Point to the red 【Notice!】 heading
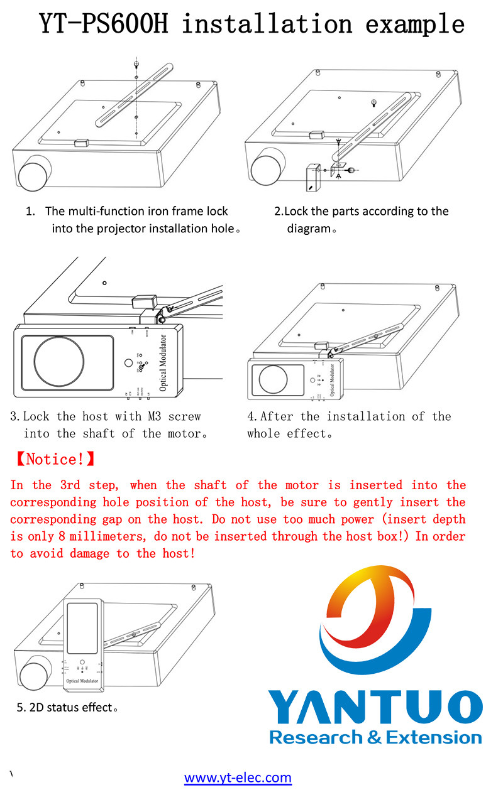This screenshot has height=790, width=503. (54, 459)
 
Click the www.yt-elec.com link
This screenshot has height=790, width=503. (238, 777)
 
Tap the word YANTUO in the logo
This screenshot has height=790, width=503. (375, 708)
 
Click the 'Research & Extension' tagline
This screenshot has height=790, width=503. (375, 737)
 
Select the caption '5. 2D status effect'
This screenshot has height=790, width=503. (67, 708)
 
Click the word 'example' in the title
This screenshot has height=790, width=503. (415, 23)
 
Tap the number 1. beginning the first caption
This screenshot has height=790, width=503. (30, 211)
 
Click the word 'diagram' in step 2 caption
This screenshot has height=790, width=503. (309, 229)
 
